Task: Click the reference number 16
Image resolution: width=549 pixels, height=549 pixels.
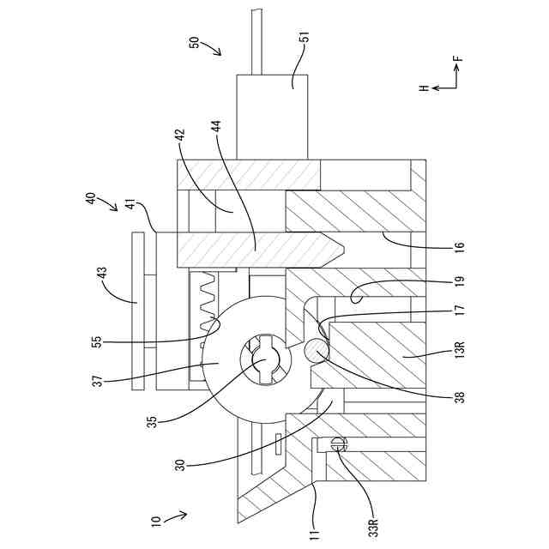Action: [x=461, y=246]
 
